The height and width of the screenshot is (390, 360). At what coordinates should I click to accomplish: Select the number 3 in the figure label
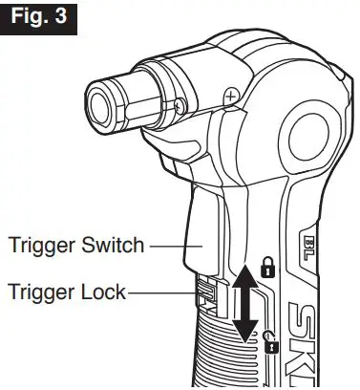click(65, 17)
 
